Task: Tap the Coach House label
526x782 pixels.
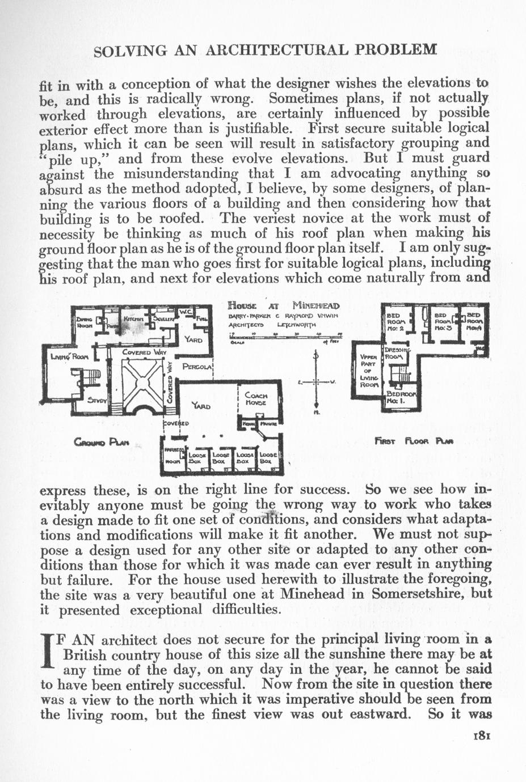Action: [256, 399]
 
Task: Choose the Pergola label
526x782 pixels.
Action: [197, 367]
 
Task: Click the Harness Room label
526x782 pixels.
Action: [172, 455]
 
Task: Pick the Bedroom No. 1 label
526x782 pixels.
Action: [401, 397]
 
